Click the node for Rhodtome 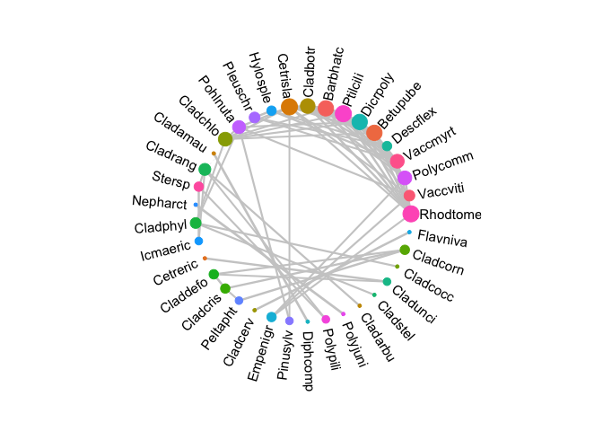tap(411, 214)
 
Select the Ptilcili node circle tap(343, 113)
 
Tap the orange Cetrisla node tap(289, 107)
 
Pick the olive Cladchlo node tap(225, 138)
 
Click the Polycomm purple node tap(405, 178)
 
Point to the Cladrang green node tap(205, 169)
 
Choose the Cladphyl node tap(196, 223)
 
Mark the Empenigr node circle tap(271, 317)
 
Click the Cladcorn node tap(405, 250)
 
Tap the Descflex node tap(374, 133)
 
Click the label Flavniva tap(442, 237)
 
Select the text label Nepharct tap(159, 202)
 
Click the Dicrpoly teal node tap(359, 121)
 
